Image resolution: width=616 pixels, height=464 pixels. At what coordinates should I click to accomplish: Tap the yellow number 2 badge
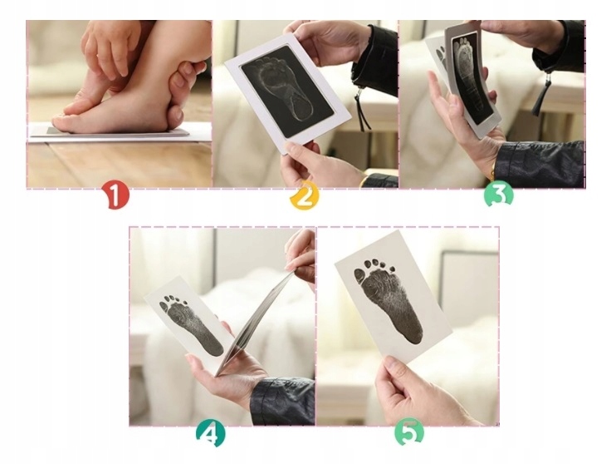pyautogui.click(x=305, y=195)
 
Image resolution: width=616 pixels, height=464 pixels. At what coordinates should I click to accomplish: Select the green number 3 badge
pyautogui.click(x=499, y=195)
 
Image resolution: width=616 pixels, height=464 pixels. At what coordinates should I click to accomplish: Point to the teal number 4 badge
pyautogui.click(x=211, y=434)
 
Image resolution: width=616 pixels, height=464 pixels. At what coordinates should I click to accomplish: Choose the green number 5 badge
pyautogui.click(x=410, y=432)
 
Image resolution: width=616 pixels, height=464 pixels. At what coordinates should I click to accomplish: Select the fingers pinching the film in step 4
pyautogui.click(x=301, y=256)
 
